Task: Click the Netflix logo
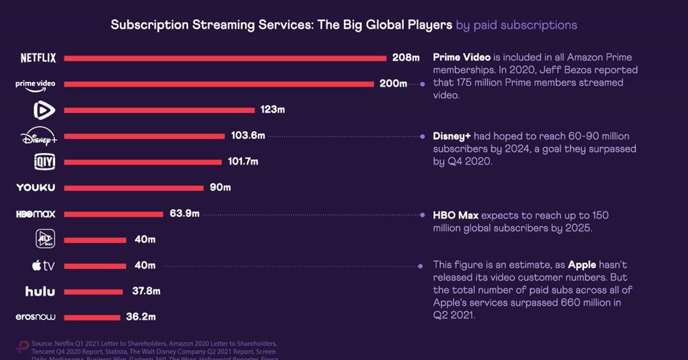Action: point(38,58)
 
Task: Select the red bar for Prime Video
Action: point(219,84)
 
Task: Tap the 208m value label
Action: point(406,58)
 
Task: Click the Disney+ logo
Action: point(39,136)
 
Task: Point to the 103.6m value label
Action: point(248,136)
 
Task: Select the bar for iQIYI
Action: point(142,162)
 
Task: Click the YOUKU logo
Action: point(36,187)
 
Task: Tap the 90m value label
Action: point(220,187)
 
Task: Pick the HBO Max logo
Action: point(36,214)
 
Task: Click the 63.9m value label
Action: point(184,214)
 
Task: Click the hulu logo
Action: point(40,291)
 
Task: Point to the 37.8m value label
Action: point(144,291)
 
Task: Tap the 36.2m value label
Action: point(142,317)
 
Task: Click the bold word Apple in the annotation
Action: point(583,265)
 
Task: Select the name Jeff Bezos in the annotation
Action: point(560,70)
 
